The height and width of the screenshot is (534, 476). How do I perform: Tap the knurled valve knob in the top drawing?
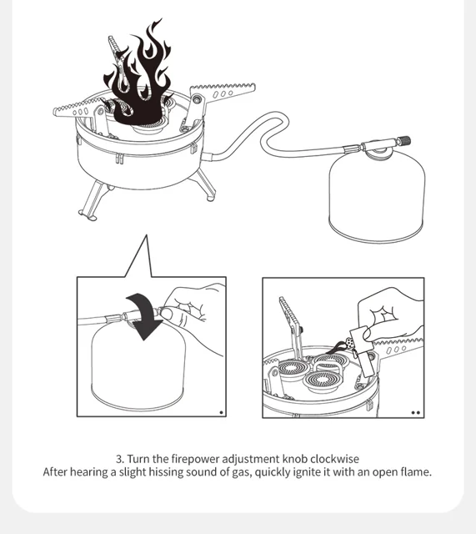point(405,140)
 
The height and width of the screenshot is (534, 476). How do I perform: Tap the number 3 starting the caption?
point(119,459)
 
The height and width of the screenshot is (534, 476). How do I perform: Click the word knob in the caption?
point(294,459)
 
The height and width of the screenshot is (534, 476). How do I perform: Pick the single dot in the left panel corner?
point(221,412)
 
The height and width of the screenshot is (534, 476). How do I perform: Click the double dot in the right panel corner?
point(415,412)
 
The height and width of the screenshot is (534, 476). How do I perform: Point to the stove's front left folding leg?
point(91,200)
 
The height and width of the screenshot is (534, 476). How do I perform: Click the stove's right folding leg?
point(206,185)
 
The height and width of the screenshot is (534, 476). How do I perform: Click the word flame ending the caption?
point(418,472)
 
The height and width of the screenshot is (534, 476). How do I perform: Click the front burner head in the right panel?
point(322,380)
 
